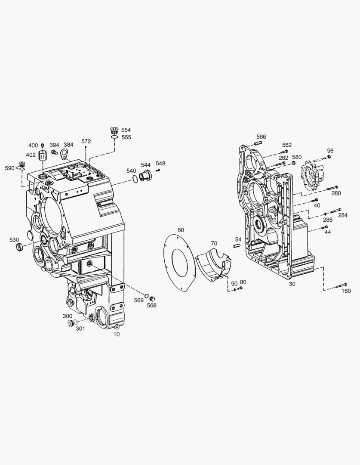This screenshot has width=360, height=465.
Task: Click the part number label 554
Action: tap(126, 130)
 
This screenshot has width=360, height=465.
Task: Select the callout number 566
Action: tap(261, 136)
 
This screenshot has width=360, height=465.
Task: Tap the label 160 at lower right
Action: tap(346, 291)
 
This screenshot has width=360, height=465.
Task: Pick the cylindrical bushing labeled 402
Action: tap(43, 155)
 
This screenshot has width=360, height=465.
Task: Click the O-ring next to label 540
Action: tap(135, 178)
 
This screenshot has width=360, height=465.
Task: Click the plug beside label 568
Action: tap(152, 299)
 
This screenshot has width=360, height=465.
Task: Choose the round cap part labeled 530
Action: tap(19, 247)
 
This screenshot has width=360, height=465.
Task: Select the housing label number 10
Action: tap(117, 334)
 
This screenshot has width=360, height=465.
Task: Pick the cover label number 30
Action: tap(292, 284)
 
